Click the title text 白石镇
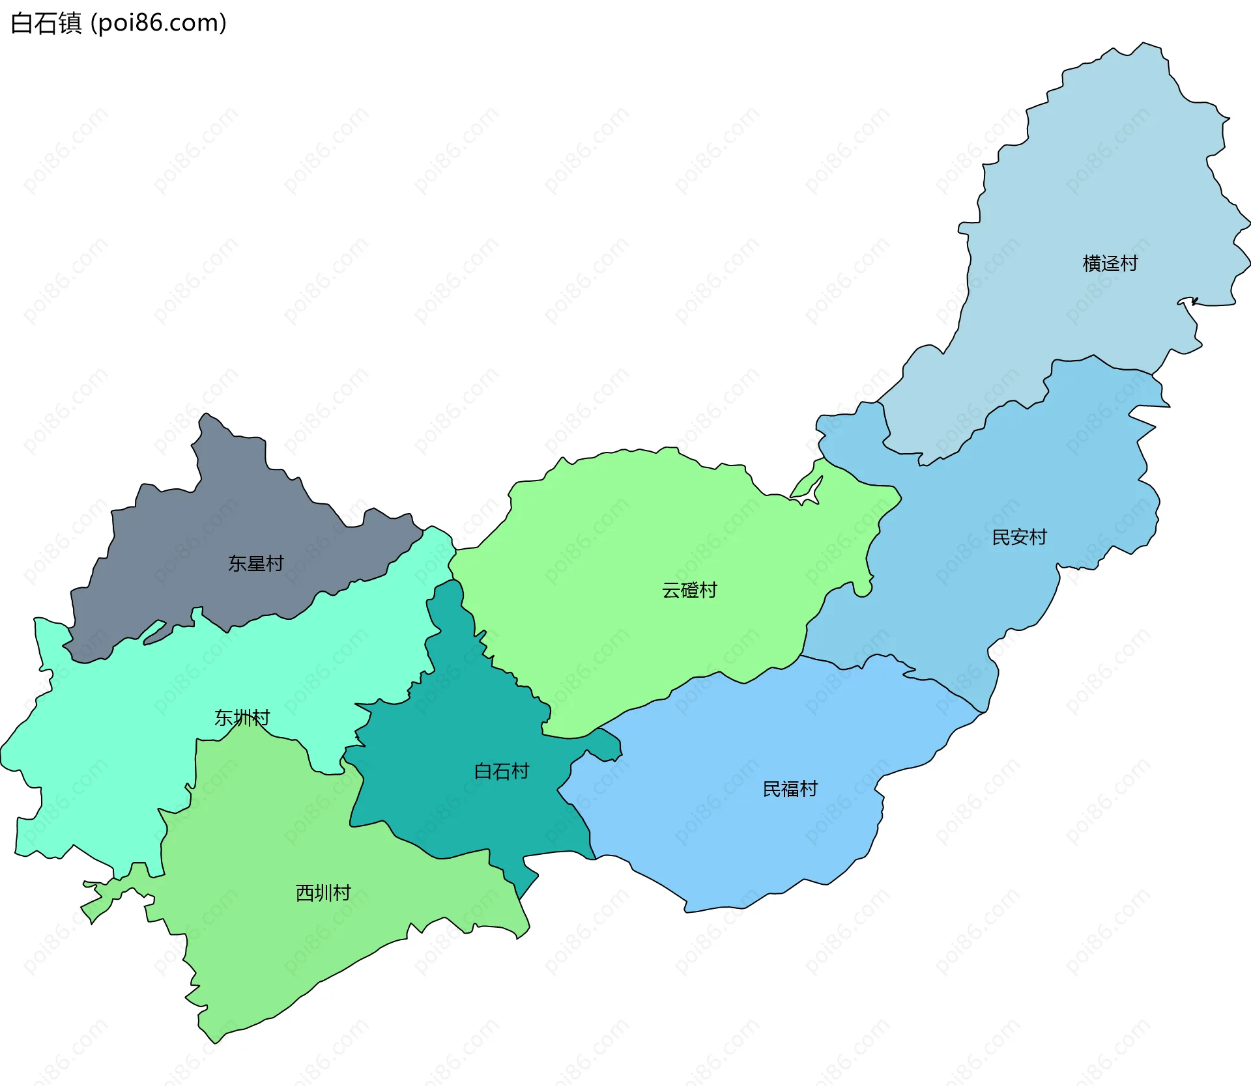coord(46,23)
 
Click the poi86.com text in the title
coord(158,23)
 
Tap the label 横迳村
coord(1110,263)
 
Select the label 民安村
coord(1018,537)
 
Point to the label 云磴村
coord(689,590)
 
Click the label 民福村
coord(790,789)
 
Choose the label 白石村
coord(501,772)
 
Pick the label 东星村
coord(255,563)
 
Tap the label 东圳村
coord(242,717)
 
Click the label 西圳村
coord(323,893)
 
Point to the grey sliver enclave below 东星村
coord(154,633)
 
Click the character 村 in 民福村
coord(809,789)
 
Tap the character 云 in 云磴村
coord(671,590)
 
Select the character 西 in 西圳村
coord(304,893)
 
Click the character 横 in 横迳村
coord(1091,263)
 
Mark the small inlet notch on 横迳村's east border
coord(1187,301)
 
